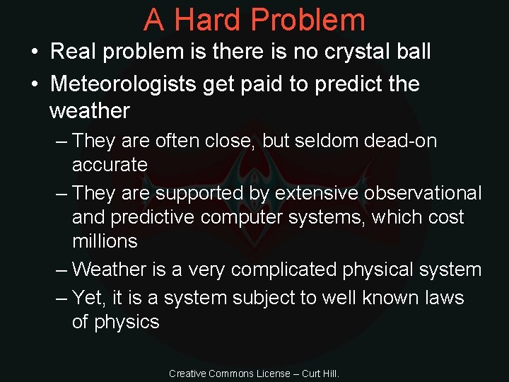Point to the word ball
click(412, 52)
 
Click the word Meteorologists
click(124, 84)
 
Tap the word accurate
click(110, 165)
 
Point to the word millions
click(105, 241)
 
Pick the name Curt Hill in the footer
click(321, 373)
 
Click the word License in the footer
click(271, 373)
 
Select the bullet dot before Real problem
click(34, 52)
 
